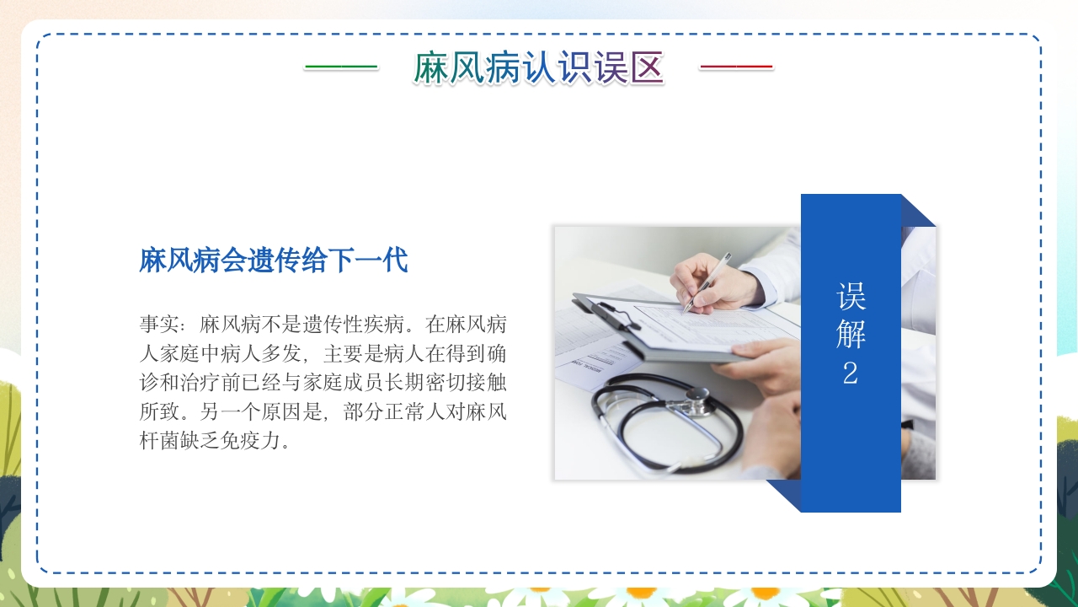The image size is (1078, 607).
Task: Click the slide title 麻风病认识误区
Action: [x=538, y=68]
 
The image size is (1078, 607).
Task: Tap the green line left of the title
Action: [x=340, y=67]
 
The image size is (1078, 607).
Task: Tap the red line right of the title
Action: [x=735, y=67]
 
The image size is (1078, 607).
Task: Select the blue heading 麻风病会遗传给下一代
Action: [x=274, y=261]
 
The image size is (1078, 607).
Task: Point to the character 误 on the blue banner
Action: [x=851, y=296]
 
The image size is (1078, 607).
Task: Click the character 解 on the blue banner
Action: [x=851, y=334]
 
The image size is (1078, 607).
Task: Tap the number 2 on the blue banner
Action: [x=851, y=373]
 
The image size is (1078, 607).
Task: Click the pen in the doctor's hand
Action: [x=707, y=282]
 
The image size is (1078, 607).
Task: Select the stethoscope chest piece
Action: [x=697, y=400]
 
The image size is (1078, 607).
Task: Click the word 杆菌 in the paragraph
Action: [x=170, y=441]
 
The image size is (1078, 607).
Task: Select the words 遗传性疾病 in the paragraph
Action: [x=359, y=324]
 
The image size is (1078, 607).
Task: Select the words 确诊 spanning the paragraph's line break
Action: [x=497, y=353]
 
